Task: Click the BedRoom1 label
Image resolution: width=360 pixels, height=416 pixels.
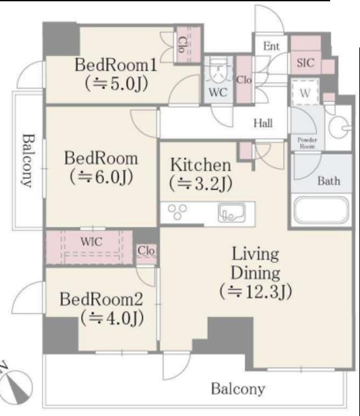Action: tap(116, 65)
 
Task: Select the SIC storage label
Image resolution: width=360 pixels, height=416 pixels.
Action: tap(305, 62)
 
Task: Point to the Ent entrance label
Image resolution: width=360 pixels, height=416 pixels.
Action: tap(271, 46)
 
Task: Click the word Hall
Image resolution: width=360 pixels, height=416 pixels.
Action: tap(263, 123)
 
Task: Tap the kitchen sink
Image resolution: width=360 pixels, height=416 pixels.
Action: tap(231, 213)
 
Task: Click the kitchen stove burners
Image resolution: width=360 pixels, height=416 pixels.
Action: tap(177, 212)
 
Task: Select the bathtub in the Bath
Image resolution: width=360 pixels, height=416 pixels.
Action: tap(321, 210)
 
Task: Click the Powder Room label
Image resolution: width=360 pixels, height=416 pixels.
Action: tap(307, 143)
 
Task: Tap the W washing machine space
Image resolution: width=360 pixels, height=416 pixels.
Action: tap(305, 92)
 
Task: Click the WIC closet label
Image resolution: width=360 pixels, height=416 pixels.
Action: tap(91, 241)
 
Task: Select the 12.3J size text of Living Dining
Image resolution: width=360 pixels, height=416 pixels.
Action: tap(255, 291)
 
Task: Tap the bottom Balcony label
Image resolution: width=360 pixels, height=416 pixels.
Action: tap(238, 389)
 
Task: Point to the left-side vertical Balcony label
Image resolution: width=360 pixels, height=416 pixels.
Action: tap(27, 161)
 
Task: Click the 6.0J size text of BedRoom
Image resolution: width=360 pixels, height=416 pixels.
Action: tap(101, 177)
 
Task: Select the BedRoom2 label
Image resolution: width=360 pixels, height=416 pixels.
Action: tap(101, 299)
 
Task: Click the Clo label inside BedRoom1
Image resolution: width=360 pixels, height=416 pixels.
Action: tap(182, 45)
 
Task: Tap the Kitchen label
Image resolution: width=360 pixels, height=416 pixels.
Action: tap(200, 164)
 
